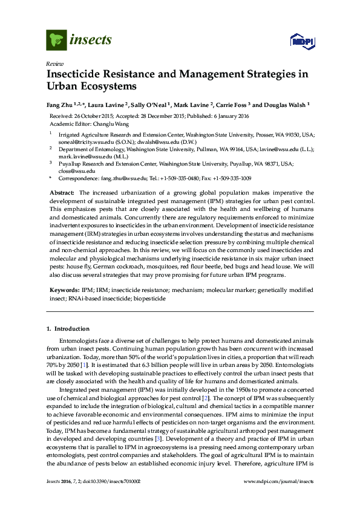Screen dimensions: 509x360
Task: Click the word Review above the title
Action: pyautogui.click(x=54, y=63)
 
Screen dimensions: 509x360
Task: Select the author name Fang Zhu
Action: pyautogui.click(x=61, y=104)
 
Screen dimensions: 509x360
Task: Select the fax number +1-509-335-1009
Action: pyautogui.click(x=230, y=179)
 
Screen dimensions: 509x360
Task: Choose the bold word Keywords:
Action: pyautogui.click(x=64, y=291)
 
